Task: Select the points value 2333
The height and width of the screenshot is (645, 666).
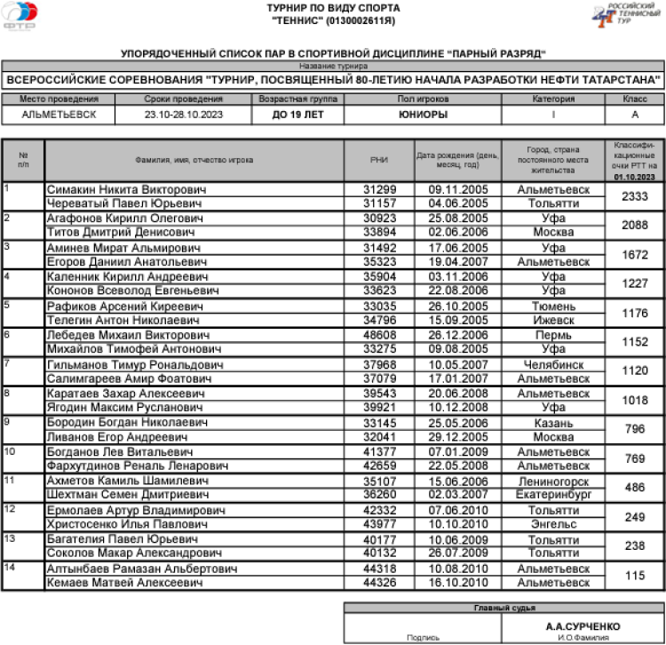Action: click(x=634, y=196)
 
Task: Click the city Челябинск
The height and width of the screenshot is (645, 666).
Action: click(x=553, y=364)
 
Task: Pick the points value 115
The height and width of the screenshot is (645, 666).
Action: click(x=634, y=576)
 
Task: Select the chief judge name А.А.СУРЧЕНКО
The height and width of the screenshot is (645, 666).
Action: click(x=576, y=626)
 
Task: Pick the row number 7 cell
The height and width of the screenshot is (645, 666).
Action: click(x=22, y=371)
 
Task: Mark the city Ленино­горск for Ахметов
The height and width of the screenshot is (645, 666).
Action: click(x=553, y=481)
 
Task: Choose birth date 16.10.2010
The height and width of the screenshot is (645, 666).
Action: click(x=458, y=583)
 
